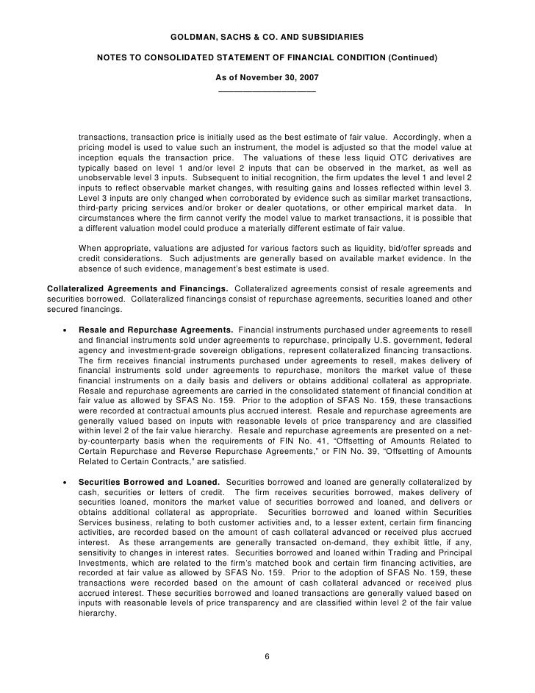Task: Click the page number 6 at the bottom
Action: (x=267, y=657)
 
